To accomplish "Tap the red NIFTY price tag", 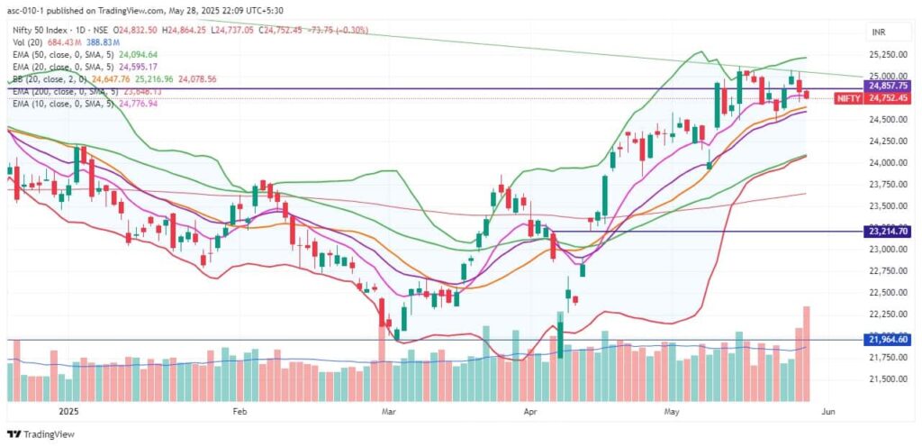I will [850, 98].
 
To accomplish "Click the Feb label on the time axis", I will [240, 411].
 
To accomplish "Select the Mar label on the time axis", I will [388, 411].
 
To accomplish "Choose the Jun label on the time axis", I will [828, 411].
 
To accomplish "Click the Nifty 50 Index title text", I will [41, 29].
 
